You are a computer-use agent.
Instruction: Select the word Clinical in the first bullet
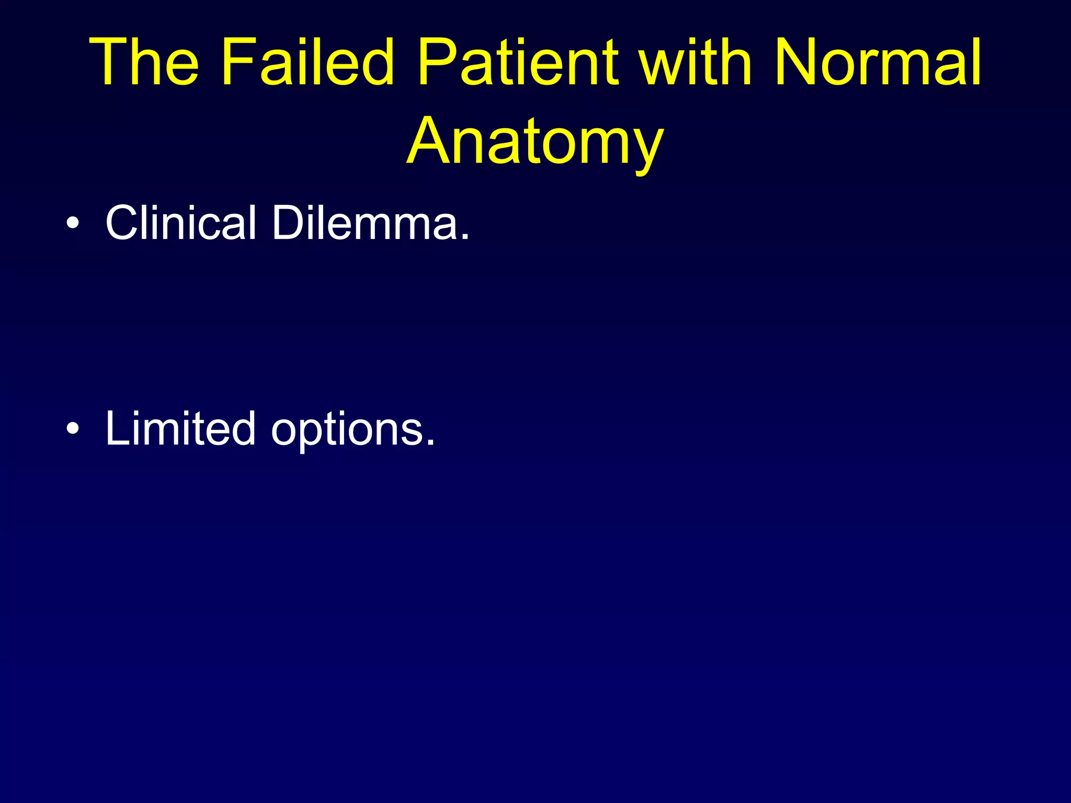pos(181,223)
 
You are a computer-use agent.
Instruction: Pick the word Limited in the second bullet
pos(180,429)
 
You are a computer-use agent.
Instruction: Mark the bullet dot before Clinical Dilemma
pos(73,224)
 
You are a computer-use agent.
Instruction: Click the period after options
pos(430,443)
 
